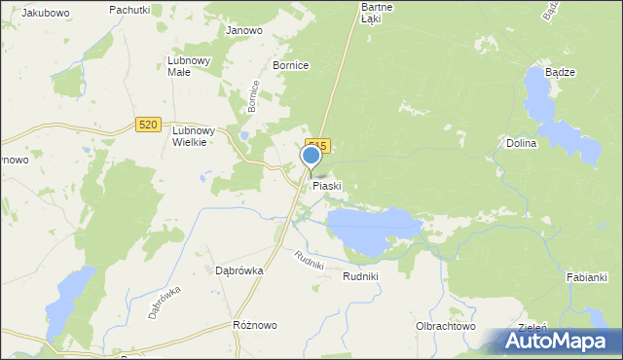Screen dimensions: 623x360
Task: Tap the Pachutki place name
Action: click(x=129, y=9)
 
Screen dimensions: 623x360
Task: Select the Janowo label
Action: click(x=244, y=30)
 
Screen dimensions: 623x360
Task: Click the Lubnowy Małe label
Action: click(x=189, y=65)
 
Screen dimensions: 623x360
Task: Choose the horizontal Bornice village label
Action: click(x=291, y=65)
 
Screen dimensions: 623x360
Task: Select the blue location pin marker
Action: click(x=311, y=156)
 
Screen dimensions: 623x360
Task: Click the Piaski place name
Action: click(x=327, y=185)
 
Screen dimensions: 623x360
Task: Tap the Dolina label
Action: click(x=522, y=143)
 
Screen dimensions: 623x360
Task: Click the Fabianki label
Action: click(x=587, y=277)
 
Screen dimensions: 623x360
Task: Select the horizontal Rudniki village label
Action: click(x=360, y=276)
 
